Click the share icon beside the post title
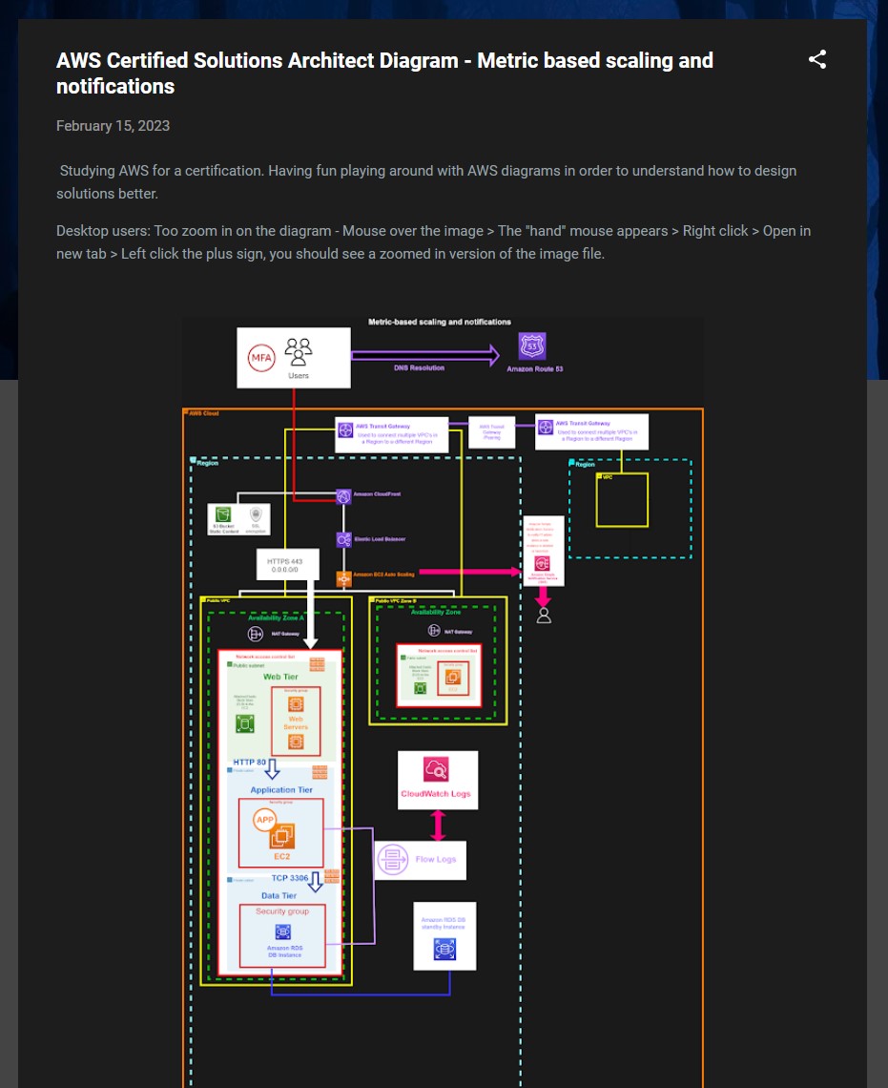coord(817,60)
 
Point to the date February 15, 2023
coord(113,126)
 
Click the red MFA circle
coord(260,358)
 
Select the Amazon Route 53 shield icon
coord(531,346)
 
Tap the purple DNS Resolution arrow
coord(424,356)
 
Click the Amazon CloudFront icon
coord(343,496)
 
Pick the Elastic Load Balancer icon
coord(343,539)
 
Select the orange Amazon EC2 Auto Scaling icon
coord(343,578)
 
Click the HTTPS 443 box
coord(286,564)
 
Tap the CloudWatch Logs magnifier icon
coord(436,769)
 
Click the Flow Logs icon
coord(392,860)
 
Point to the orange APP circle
coord(264,819)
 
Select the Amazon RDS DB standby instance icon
coord(444,949)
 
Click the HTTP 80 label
coord(249,762)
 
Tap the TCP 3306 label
coord(289,877)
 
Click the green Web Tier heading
coord(280,677)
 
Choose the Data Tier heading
coord(279,895)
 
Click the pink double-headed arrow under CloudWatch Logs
coord(438,825)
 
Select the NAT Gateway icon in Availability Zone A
coord(256,634)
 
